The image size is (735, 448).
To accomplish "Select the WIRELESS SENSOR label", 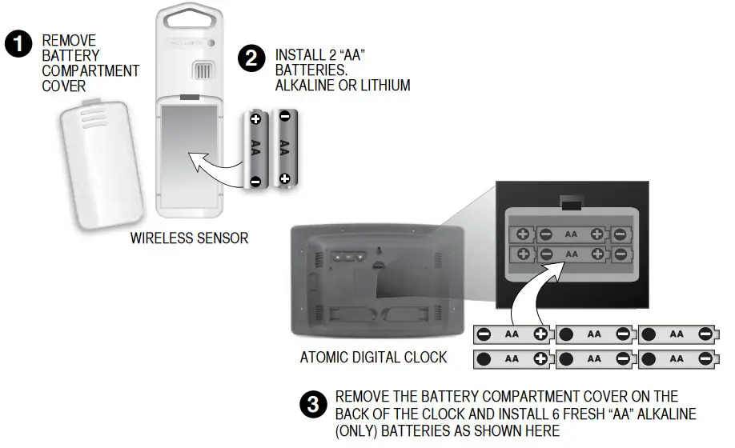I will [x=189, y=238].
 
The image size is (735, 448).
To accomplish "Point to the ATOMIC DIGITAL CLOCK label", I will [x=373, y=357].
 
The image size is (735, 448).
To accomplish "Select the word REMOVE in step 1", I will [x=69, y=40].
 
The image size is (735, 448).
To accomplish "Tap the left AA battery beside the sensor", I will [x=255, y=148].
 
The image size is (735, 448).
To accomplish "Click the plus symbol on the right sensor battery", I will [x=284, y=178].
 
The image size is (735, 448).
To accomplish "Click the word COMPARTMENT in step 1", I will [x=90, y=70].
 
